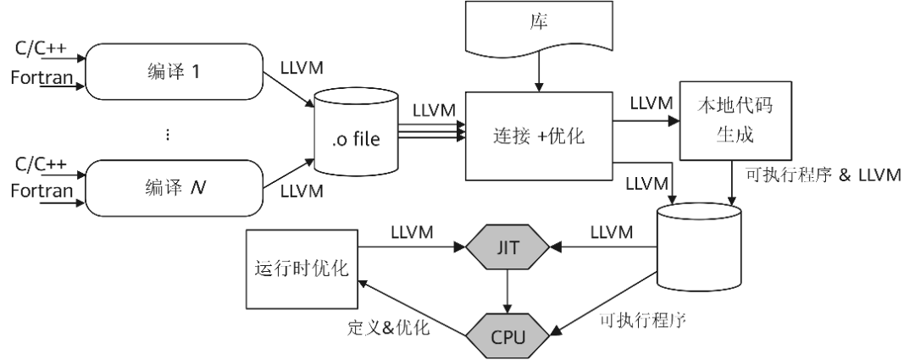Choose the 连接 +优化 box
click(x=539, y=135)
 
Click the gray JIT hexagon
click(x=507, y=246)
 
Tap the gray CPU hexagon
click(x=507, y=337)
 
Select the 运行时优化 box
click(x=302, y=269)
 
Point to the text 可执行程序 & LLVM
click(x=822, y=176)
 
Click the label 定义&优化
click(x=389, y=327)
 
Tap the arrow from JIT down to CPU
click(x=507, y=291)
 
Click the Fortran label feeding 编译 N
click(x=42, y=191)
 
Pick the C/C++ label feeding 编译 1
click(x=41, y=49)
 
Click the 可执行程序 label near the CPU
click(x=640, y=320)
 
